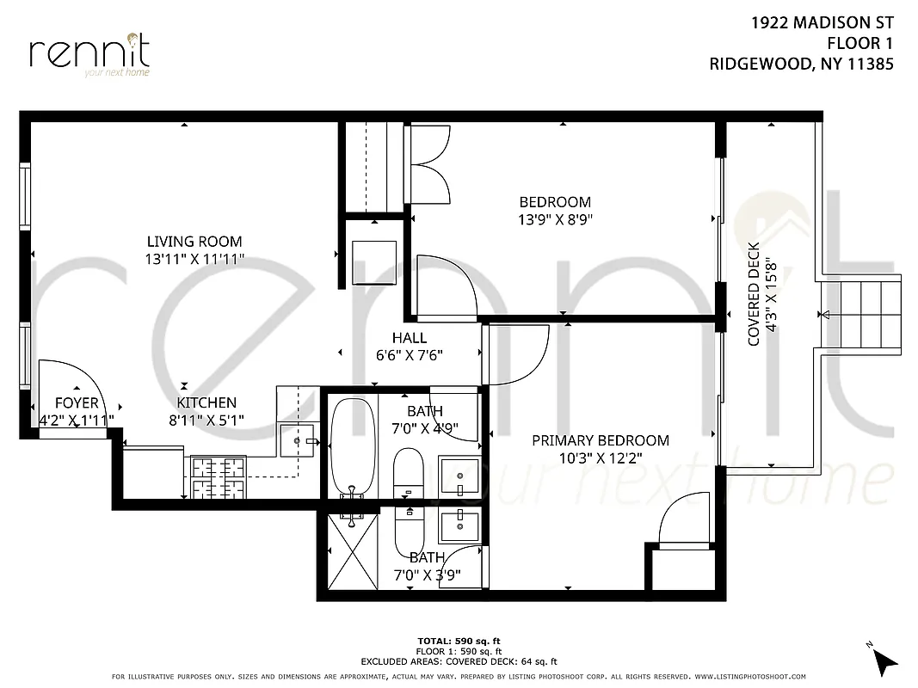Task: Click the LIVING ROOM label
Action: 194,242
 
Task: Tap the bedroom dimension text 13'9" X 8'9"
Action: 555,219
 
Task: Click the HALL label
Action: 409,338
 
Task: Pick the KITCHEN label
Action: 206,402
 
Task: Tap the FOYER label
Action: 77,403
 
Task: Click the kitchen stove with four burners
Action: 218,478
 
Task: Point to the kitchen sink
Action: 299,440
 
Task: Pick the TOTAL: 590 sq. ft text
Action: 459,641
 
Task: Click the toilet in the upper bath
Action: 408,473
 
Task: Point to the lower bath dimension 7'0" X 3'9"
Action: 427,574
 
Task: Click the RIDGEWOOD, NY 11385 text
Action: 801,63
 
